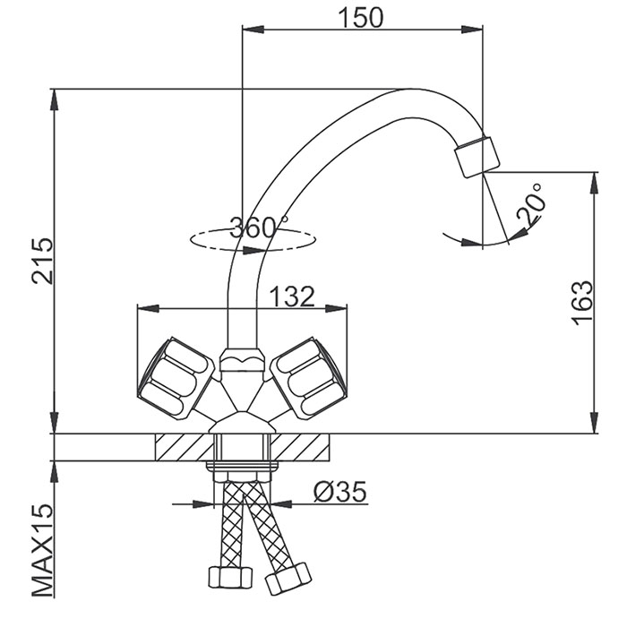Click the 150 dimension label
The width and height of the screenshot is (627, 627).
point(360,17)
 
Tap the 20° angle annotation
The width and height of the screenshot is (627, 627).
point(528,208)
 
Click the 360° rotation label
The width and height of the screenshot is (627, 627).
point(259,228)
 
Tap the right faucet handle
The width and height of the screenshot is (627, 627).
point(307,375)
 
